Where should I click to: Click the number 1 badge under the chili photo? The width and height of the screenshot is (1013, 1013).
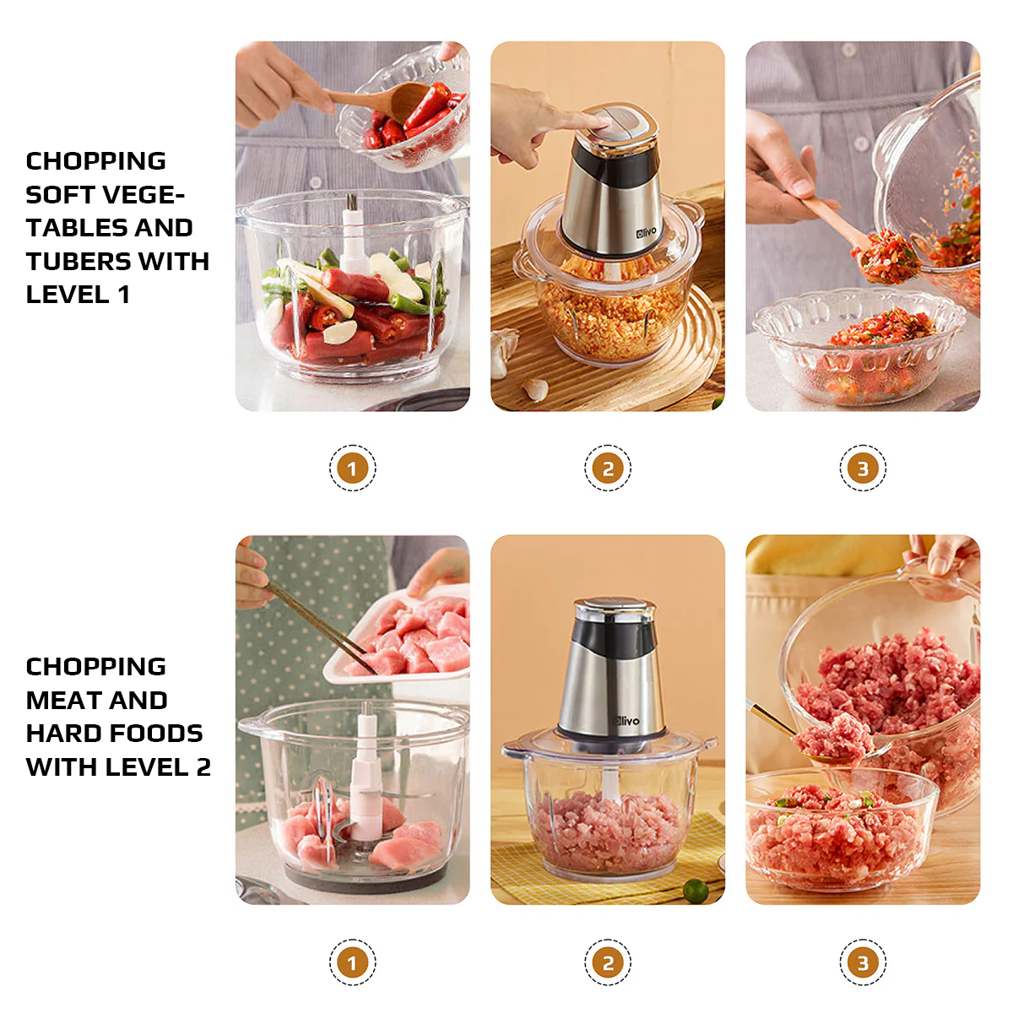[352, 468]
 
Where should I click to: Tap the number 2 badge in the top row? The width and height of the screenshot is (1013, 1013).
[608, 468]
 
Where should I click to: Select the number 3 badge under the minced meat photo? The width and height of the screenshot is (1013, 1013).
[862, 962]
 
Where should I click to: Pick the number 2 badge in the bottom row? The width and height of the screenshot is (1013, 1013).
[608, 962]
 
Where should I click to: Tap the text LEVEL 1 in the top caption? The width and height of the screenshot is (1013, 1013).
[78, 295]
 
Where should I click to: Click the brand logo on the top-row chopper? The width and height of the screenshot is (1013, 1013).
[646, 230]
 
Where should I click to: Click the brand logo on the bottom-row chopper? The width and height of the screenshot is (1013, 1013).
[627, 721]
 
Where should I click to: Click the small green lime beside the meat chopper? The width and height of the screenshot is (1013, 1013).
[695, 890]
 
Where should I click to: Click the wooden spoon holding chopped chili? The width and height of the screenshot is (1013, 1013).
[853, 236]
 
